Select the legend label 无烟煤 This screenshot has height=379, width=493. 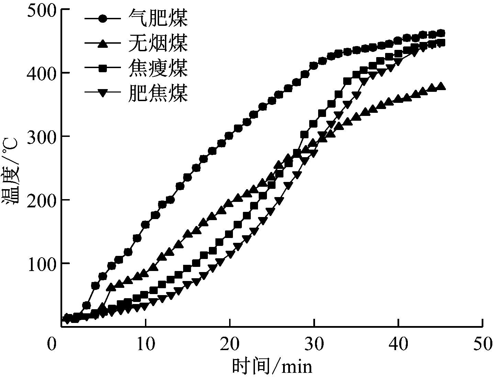tap(158, 43)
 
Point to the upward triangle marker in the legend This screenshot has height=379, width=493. tap(102, 43)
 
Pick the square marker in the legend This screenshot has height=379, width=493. tap(102, 68)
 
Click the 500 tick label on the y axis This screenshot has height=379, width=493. tap(41, 10)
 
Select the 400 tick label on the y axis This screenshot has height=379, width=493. tap(41, 73)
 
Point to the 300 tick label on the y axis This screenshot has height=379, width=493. tap(41, 137)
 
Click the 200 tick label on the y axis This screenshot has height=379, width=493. tap(41, 200)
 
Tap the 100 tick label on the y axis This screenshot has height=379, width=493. tap(41, 263)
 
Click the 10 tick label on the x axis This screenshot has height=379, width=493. tap(146, 345)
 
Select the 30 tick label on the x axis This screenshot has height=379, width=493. tap(314, 345)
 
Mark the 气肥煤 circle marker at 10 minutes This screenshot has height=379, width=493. tap(145, 225)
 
